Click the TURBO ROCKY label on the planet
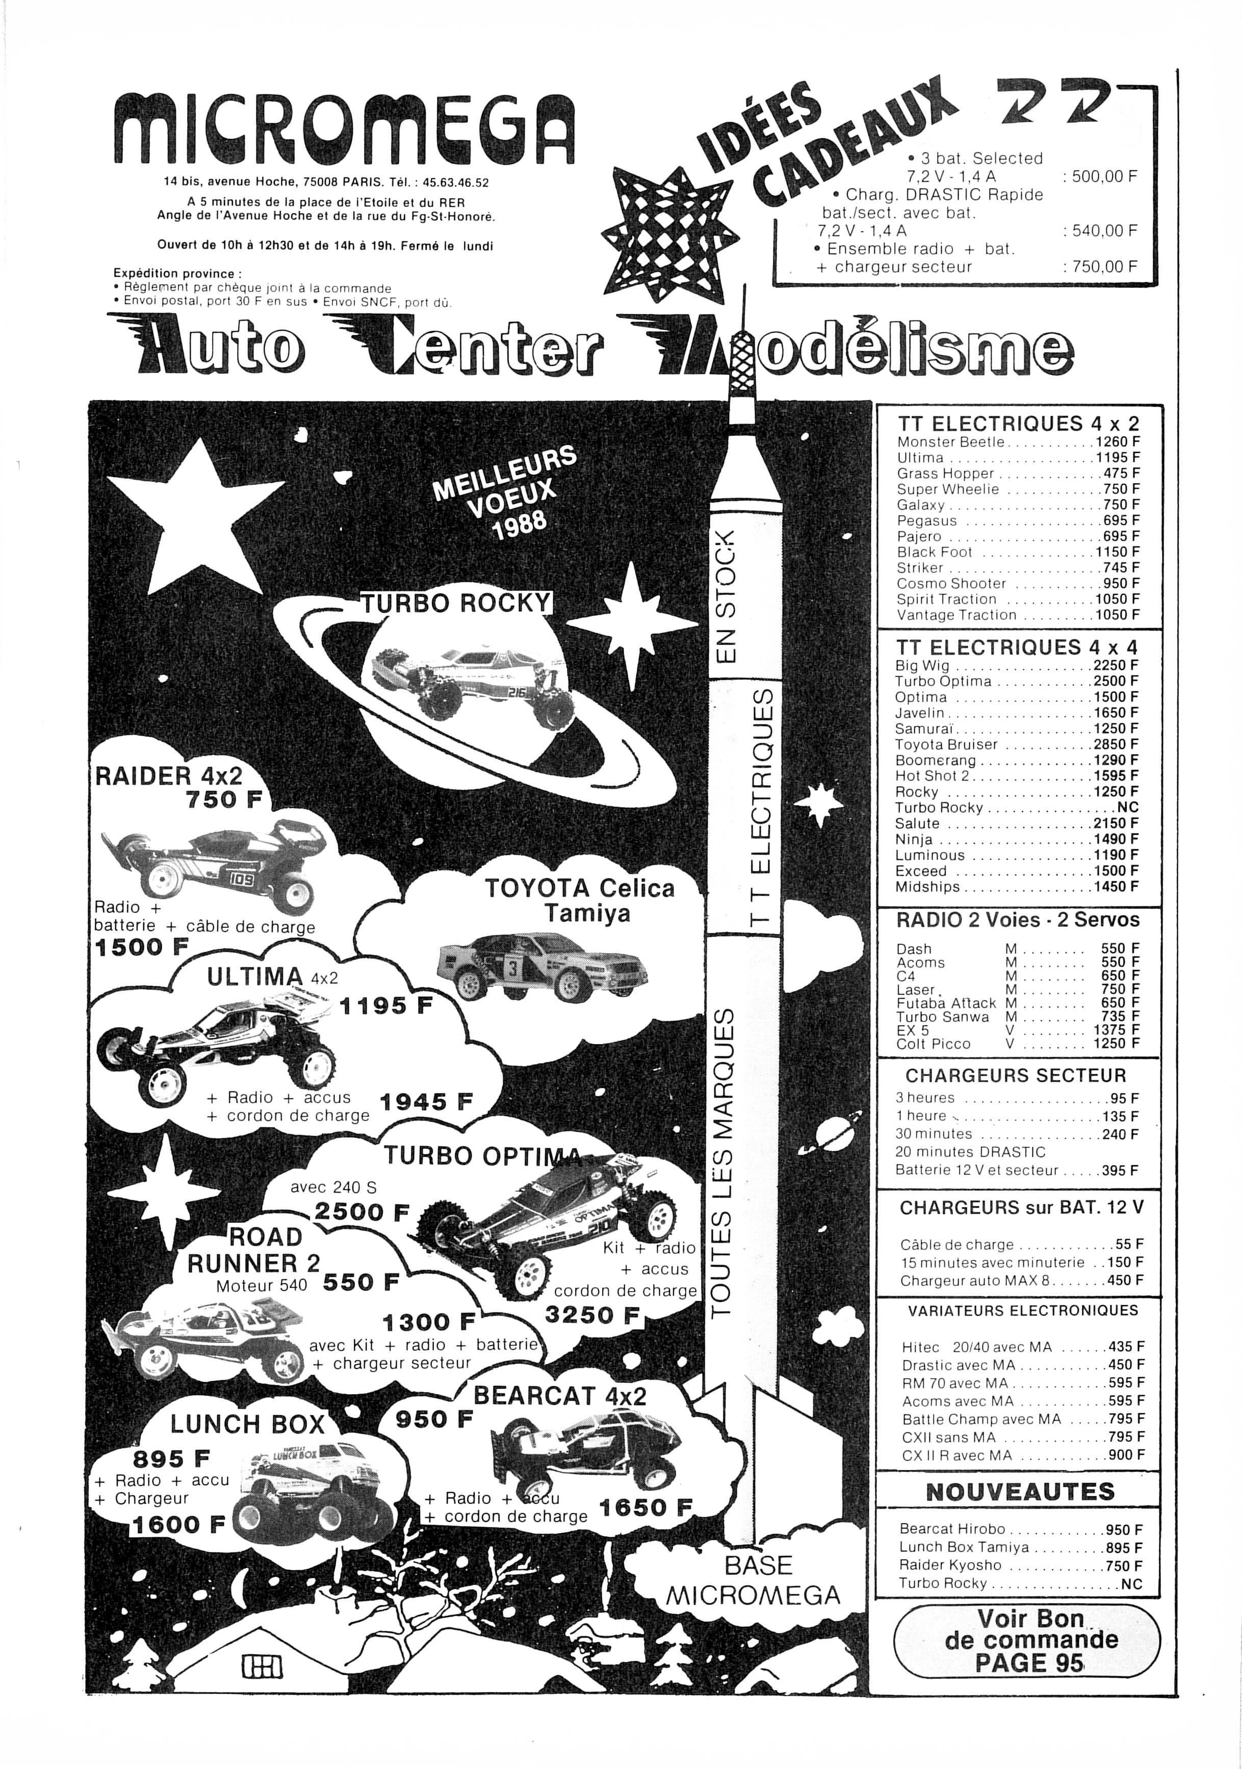click(x=458, y=603)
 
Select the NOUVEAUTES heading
click(x=1020, y=1492)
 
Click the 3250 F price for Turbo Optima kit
click(x=592, y=1315)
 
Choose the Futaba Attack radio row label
click(x=946, y=1003)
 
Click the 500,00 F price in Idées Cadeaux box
click(x=1099, y=176)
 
